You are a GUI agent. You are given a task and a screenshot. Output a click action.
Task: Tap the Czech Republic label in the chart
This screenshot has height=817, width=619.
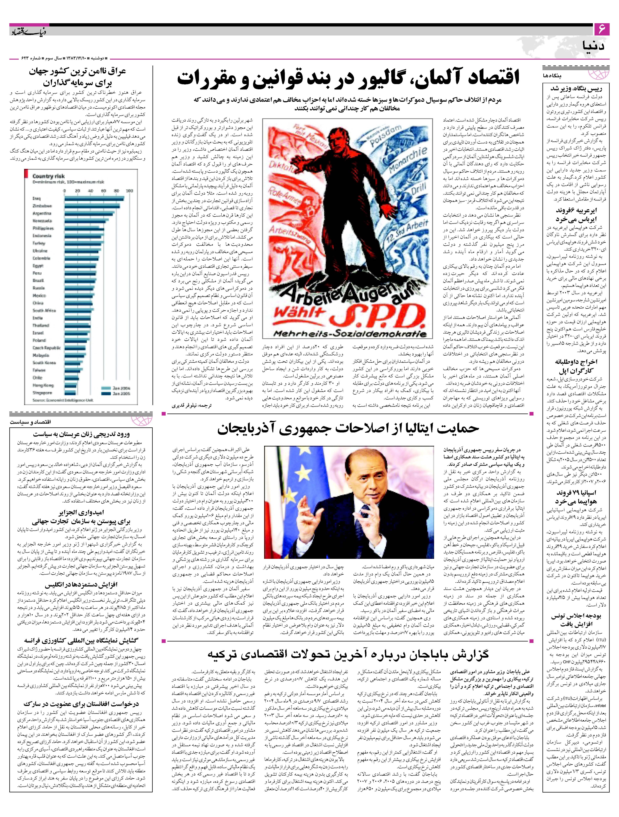tap(46, 347)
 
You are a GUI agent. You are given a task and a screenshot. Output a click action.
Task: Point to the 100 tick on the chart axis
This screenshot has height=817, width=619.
tap(130, 191)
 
